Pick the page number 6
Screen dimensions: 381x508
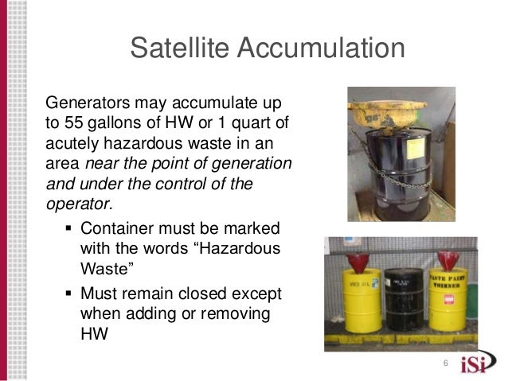[445, 363]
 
